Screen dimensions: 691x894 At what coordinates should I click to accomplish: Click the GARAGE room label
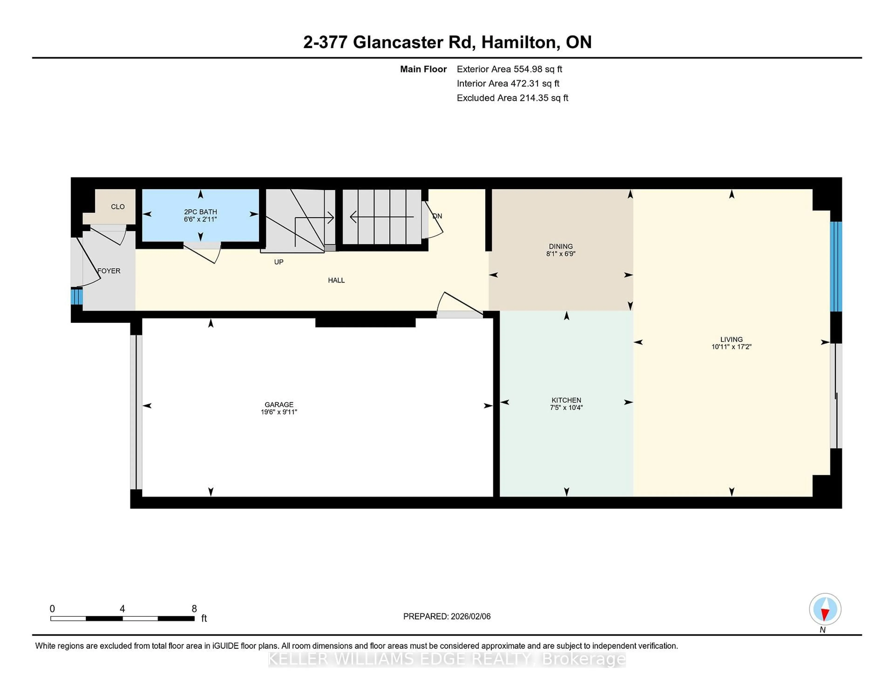pyautogui.click(x=279, y=404)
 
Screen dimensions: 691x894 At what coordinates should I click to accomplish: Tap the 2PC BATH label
pyautogui.click(x=200, y=212)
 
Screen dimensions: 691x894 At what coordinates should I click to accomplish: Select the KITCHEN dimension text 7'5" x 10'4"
pyautogui.click(x=566, y=407)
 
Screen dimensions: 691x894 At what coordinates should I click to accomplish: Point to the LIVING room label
pyautogui.click(x=731, y=339)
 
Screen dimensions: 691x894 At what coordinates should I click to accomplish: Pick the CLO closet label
pyautogui.click(x=118, y=207)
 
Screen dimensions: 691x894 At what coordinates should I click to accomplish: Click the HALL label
pyautogui.click(x=336, y=280)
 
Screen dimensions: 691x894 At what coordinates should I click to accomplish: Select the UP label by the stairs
pyautogui.click(x=278, y=262)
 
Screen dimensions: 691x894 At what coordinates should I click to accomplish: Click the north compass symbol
pyautogui.click(x=825, y=610)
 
